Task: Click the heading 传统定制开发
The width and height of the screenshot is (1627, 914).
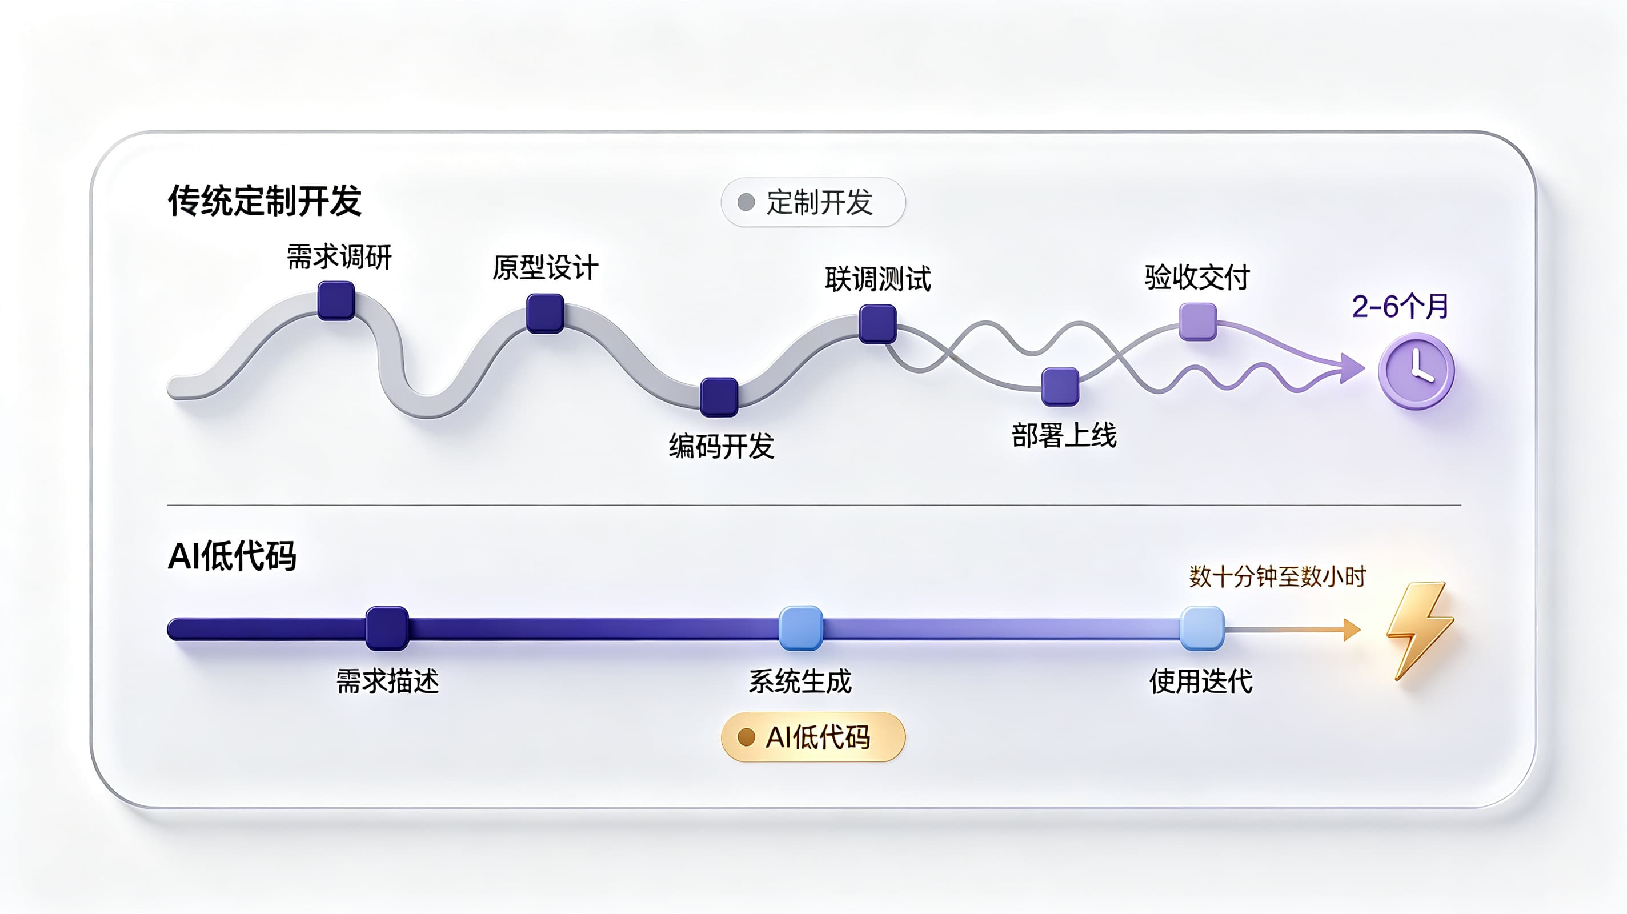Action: point(264,201)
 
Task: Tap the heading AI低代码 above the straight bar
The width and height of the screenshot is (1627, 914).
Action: point(232,556)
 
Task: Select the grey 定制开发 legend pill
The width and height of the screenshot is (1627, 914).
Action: point(813,202)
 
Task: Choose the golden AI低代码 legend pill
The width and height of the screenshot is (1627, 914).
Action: point(813,737)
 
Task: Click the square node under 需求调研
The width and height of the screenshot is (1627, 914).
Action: point(336,300)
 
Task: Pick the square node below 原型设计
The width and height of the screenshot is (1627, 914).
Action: point(545,312)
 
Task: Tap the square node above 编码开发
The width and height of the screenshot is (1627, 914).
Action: point(719,396)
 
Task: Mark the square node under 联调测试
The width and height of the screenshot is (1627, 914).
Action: point(878,323)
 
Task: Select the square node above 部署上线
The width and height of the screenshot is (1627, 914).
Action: point(1060,387)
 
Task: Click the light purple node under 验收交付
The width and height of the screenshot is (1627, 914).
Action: point(1198,322)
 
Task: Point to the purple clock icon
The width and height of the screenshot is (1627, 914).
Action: point(1417,371)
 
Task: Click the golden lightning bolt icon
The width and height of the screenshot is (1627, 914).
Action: point(1420,631)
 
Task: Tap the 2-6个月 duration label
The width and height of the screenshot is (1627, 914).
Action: point(1400,306)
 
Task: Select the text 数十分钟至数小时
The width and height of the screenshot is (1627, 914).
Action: point(1278,576)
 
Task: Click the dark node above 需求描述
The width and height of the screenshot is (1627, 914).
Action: point(387,628)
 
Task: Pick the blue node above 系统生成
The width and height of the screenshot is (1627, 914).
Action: point(801,628)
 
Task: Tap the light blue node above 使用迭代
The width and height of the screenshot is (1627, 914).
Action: point(1203,628)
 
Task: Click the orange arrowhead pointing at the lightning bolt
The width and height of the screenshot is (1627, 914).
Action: point(1352,629)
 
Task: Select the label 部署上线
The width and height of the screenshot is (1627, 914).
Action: point(1064,436)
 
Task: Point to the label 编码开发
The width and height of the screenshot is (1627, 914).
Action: point(722,446)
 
